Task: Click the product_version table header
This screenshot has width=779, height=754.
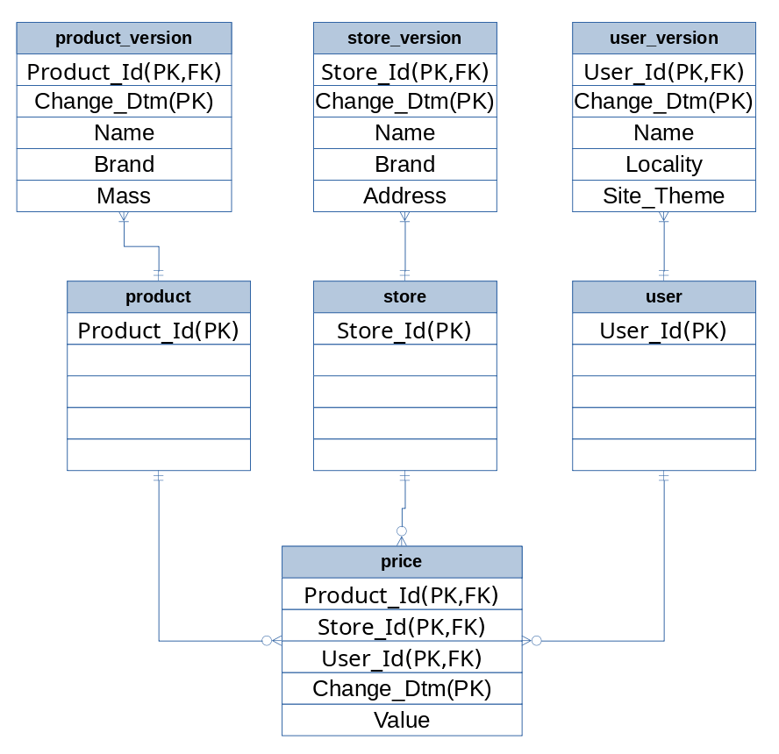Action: pyautogui.click(x=124, y=39)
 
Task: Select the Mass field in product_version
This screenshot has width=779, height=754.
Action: pyautogui.click(x=124, y=196)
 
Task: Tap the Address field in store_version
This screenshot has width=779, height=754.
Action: pyautogui.click(x=404, y=196)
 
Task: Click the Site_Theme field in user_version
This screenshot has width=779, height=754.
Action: pyautogui.click(x=663, y=196)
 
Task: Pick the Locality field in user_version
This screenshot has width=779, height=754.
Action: pyautogui.click(x=663, y=164)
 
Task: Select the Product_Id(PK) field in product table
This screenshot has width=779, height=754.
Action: pyautogui.click(x=159, y=331)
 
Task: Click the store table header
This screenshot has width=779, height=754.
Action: pyautogui.click(x=404, y=296)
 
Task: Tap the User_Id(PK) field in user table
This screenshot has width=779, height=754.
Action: pyautogui.click(x=663, y=331)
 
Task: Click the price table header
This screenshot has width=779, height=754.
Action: pyautogui.click(x=402, y=561)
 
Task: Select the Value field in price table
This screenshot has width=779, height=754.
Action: pyautogui.click(x=402, y=720)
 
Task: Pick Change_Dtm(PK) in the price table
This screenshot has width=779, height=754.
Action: pyautogui.click(x=402, y=688)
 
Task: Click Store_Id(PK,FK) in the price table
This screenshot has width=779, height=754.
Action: pyautogui.click(x=402, y=627)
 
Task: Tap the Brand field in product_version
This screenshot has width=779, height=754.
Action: pyautogui.click(x=124, y=164)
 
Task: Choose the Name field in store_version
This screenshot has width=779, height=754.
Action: pyautogui.click(x=404, y=132)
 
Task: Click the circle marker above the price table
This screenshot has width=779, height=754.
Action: pyautogui.click(x=402, y=531)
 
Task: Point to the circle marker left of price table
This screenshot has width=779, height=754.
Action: pyautogui.click(x=267, y=641)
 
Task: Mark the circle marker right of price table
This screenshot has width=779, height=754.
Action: pyautogui.click(x=537, y=641)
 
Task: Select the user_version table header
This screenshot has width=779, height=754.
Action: pyautogui.click(x=663, y=39)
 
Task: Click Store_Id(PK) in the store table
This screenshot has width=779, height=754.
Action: pyautogui.click(x=404, y=331)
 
